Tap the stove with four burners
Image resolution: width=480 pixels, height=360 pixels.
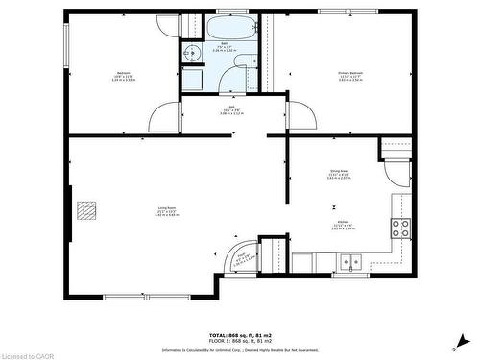400,228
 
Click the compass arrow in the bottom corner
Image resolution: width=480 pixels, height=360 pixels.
463,340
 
